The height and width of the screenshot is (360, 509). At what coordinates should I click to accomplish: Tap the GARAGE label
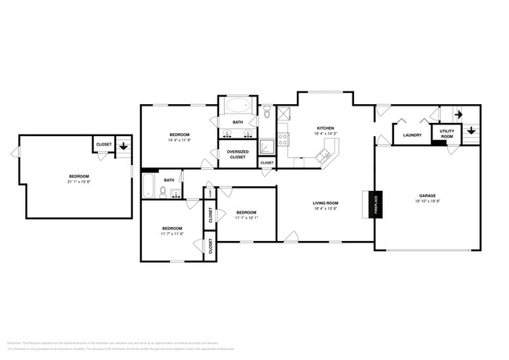[427, 196]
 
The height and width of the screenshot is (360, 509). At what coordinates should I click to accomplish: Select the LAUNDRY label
[413, 135]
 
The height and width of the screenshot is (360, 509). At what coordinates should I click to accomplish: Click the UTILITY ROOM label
[447, 134]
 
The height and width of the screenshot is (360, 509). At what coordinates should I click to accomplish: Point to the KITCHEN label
[325, 128]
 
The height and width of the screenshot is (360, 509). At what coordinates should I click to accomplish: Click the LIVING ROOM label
[325, 203]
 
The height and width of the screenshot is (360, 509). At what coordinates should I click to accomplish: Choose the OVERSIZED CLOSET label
[237, 154]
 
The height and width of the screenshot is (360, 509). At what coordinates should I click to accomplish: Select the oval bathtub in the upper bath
[237, 107]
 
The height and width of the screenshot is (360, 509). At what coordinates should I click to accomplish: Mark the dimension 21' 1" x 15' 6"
[78, 182]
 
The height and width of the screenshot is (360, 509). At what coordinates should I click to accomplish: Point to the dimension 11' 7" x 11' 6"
[172, 233]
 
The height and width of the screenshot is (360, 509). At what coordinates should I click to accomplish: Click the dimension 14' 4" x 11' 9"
[180, 141]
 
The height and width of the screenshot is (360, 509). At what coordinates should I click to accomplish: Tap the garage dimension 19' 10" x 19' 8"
[427, 201]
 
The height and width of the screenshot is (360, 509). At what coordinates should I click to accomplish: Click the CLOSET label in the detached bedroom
[103, 145]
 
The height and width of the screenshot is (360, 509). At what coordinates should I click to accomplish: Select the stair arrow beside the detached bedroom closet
[124, 146]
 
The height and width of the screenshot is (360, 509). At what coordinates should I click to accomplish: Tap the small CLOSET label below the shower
[267, 163]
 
